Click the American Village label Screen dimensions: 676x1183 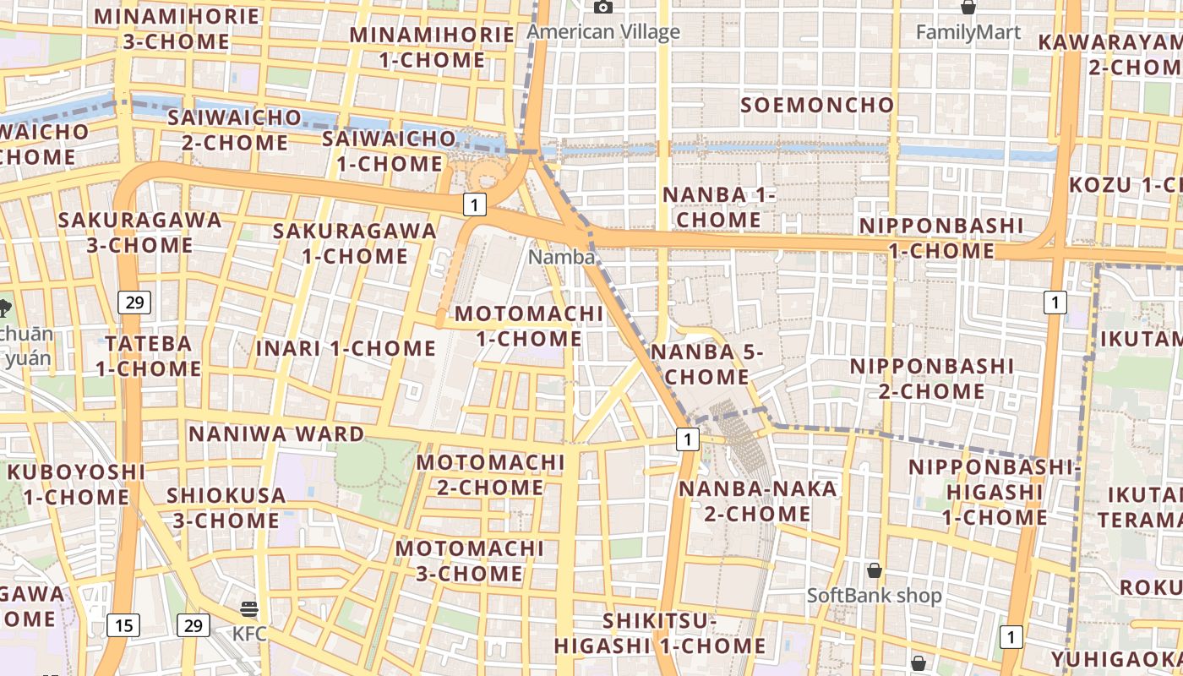(603, 32)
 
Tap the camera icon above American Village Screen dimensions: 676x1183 (602, 8)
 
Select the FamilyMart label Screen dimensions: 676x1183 (968, 32)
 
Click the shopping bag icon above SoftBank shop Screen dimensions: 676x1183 (875, 570)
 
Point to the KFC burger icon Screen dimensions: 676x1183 (248, 608)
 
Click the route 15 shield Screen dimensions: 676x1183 (123, 625)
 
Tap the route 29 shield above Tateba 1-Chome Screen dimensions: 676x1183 (134, 302)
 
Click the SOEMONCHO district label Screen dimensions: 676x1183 (817, 105)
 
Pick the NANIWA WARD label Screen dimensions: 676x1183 (276, 434)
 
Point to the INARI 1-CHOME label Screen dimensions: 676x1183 (346, 348)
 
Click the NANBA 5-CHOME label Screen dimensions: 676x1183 (707, 364)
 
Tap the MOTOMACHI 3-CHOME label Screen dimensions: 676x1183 (470, 561)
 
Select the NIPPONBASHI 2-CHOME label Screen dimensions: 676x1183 (932, 379)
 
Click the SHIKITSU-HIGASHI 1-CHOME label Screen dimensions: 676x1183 (660, 634)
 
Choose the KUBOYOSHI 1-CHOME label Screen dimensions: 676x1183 (76, 483)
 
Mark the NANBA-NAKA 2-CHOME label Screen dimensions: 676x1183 (745, 500)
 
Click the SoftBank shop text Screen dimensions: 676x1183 (874, 596)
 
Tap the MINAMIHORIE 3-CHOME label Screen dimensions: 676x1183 (177, 29)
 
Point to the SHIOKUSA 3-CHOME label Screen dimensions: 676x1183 (226, 507)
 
